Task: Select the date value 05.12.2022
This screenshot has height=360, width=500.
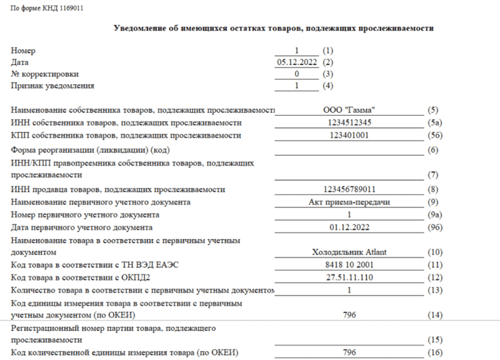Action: [x=297, y=62]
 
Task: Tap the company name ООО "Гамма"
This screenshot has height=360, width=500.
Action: [x=349, y=110]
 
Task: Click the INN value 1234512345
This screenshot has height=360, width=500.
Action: [x=349, y=122]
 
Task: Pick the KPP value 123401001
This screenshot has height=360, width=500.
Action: [x=349, y=135]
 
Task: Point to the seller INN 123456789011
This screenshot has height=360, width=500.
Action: [x=349, y=189]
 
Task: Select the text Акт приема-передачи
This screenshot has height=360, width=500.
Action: [x=349, y=202]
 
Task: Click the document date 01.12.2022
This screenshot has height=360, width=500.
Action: [x=349, y=227]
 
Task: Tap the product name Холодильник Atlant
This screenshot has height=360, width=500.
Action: [x=349, y=252]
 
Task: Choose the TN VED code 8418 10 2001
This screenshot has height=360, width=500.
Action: [x=349, y=265]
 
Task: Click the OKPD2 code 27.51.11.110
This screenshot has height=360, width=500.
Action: [x=349, y=277]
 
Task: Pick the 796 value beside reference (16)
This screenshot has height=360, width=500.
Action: [x=349, y=352]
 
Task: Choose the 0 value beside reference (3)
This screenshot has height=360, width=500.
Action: [x=297, y=74]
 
